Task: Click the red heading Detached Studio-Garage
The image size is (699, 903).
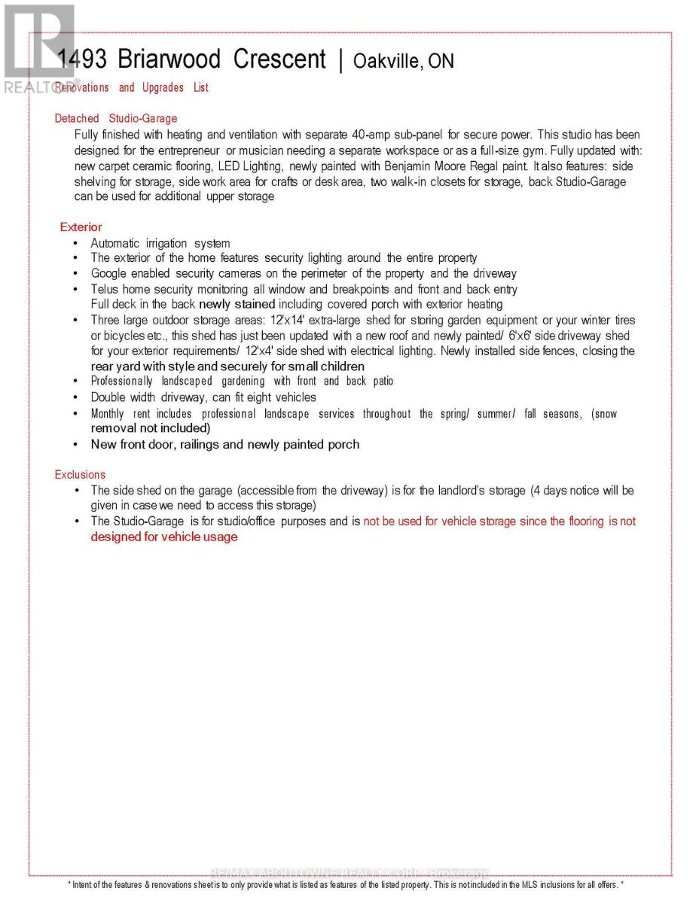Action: coord(116,118)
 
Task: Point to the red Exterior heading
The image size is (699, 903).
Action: coord(81,227)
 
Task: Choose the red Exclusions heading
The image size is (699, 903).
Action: coord(80,475)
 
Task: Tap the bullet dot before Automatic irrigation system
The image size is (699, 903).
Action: coord(76,244)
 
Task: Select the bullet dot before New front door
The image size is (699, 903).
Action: coord(76,445)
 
